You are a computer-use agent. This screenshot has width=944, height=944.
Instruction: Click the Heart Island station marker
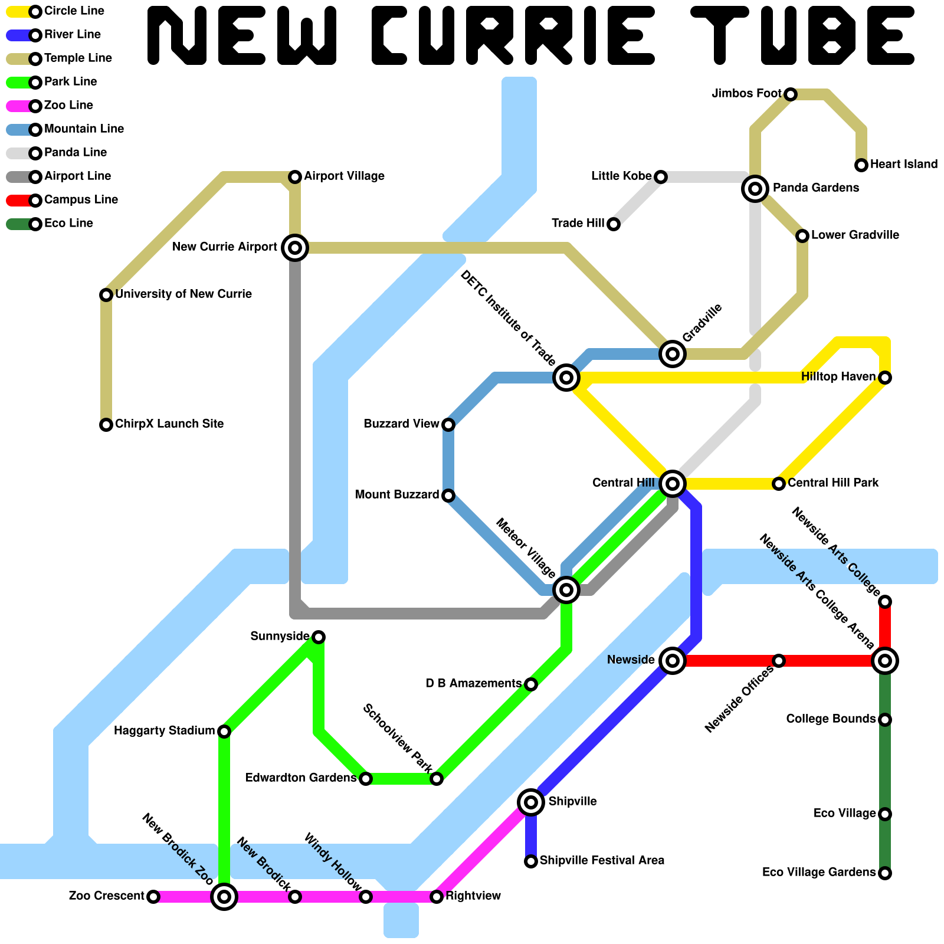click(861, 165)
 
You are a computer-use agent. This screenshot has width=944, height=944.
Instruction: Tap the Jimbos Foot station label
click(746, 94)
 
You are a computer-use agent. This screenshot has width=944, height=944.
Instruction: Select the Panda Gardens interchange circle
click(755, 189)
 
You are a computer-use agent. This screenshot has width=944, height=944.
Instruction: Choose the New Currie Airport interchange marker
click(295, 248)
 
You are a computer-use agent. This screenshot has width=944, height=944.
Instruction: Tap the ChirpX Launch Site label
click(169, 424)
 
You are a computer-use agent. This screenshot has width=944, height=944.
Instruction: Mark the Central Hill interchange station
click(673, 484)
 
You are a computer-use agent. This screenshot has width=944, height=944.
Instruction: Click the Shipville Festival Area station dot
click(531, 861)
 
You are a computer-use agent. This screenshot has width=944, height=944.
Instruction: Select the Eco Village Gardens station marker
click(885, 873)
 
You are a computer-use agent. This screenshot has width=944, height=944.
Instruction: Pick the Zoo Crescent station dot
click(153, 897)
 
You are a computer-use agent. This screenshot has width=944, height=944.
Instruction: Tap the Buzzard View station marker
click(448, 425)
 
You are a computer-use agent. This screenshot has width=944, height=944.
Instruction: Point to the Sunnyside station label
click(280, 637)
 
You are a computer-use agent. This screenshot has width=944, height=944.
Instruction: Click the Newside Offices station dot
click(779, 661)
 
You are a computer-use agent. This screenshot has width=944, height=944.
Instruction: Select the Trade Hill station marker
click(614, 224)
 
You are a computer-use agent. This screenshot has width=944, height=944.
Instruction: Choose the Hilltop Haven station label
click(838, 377)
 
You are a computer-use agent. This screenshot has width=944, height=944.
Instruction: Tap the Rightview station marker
click(437, 897)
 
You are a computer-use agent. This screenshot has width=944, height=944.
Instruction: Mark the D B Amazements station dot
click(531, 684)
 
